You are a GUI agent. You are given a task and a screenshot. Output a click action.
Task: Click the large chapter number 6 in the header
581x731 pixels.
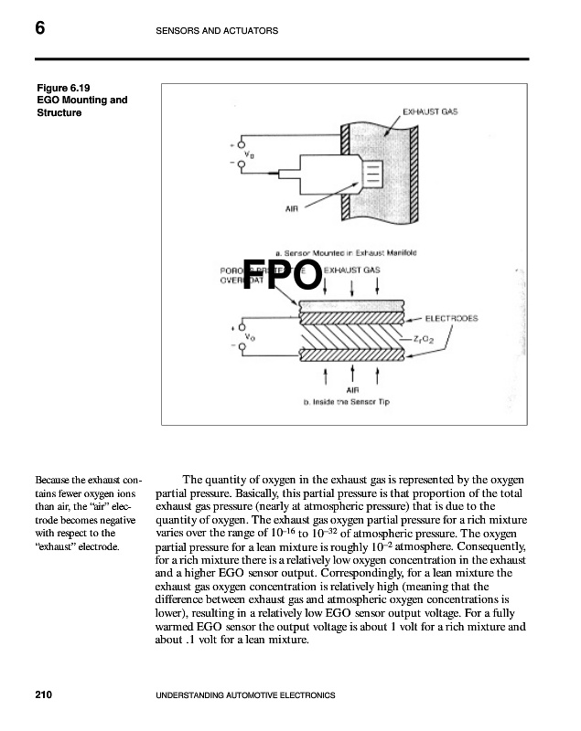tap(40, 29)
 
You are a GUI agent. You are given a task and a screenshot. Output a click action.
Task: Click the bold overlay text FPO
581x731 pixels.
tap(283, 274)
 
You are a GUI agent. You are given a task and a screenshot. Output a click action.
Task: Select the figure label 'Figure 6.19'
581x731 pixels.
tap(63, 88)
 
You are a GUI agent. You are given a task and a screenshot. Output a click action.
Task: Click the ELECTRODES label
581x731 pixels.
tap(451, 319)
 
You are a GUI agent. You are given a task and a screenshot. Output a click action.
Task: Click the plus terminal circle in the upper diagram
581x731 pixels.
tap(242, 144)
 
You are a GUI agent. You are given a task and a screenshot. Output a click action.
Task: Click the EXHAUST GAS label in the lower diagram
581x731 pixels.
tap(352, 270)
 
